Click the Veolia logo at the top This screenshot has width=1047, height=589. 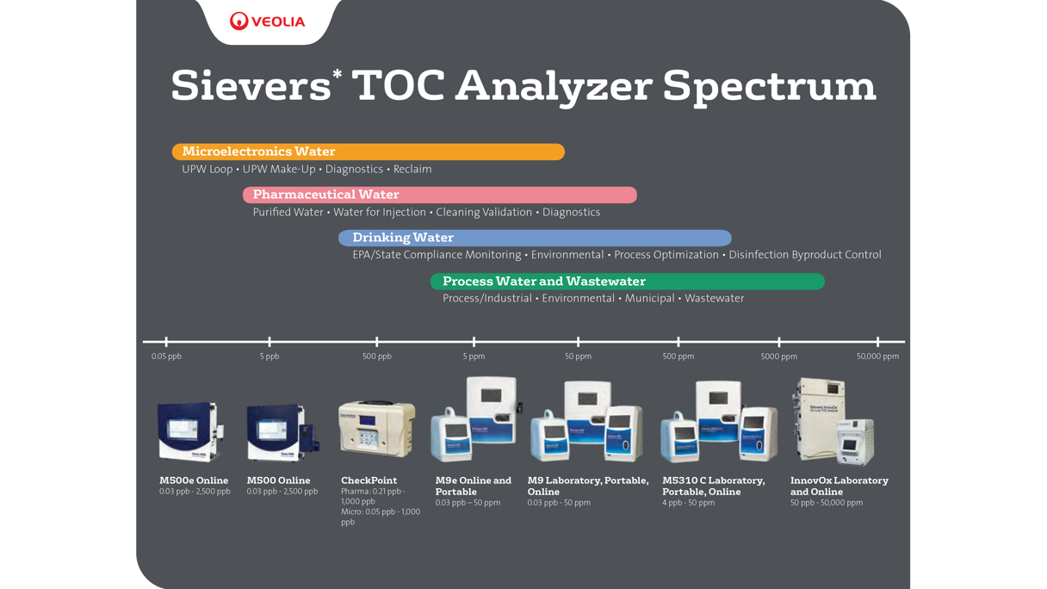point(268,22)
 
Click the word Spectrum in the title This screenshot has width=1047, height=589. point(769,85)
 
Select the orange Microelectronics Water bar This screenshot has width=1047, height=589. point(368,152)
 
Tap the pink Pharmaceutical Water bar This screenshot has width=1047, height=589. point(439,195)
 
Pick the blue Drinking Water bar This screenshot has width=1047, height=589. point(534,238)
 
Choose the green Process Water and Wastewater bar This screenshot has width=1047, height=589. point(627,282)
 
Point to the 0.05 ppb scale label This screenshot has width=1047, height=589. point(166,356)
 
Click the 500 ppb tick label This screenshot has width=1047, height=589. point(376,356)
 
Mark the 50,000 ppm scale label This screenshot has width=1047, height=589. point(877,356)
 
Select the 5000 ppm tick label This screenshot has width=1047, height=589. point(778,356)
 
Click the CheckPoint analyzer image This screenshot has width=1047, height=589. point(376,428)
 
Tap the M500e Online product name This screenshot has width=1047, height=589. point(194,480)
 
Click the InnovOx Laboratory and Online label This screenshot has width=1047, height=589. point(839,486)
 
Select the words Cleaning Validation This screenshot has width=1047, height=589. point(484,212)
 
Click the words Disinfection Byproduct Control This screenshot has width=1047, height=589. point(804,255)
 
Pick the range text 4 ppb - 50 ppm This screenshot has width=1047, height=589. point(688,503)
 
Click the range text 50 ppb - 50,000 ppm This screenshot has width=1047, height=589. point(826,503)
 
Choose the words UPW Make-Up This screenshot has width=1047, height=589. point(279,169)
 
